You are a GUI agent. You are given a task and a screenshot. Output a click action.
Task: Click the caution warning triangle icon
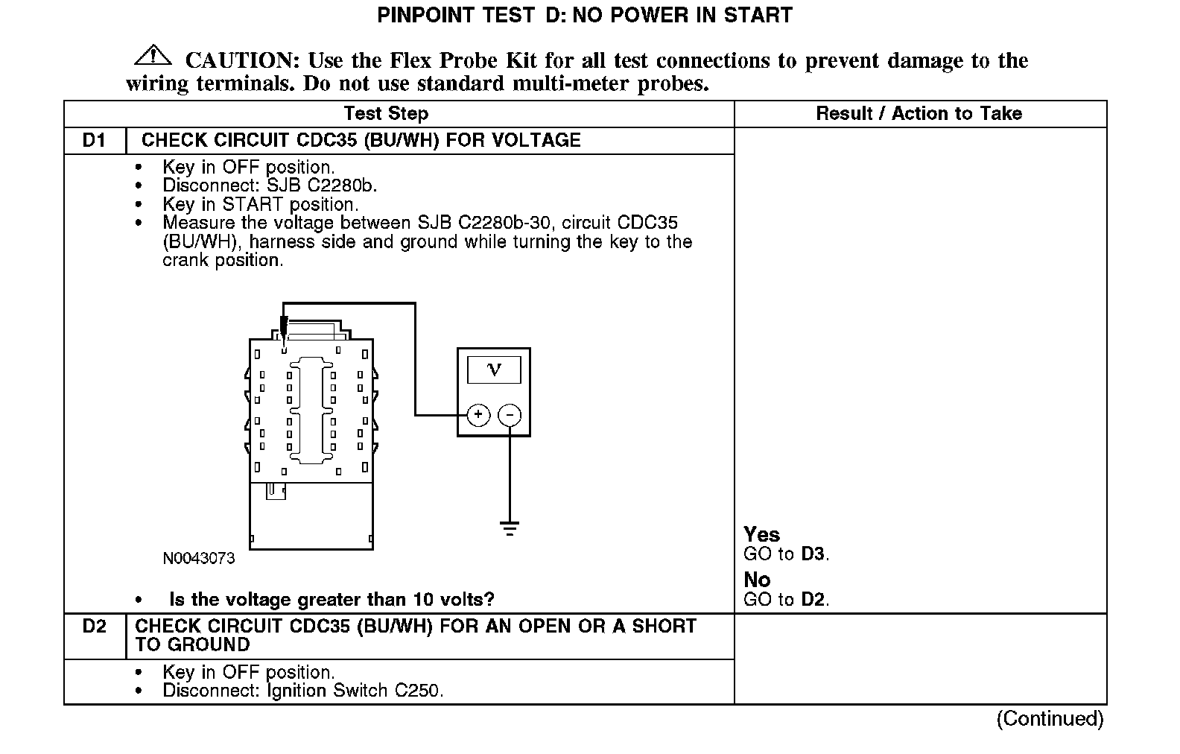click(153, 56)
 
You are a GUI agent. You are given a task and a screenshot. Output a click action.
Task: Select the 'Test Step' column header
click(386, 114)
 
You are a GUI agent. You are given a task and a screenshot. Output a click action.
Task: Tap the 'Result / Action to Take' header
click(919, 114)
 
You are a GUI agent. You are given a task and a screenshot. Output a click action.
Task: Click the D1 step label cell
click(94, 141)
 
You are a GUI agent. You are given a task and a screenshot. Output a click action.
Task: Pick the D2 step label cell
click(95, 627)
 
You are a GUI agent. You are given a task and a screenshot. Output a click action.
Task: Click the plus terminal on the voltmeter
click(478, 415)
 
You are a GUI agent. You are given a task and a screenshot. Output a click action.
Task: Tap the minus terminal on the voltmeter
click(510, 415)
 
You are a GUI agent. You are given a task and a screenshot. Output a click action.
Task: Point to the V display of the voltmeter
click(493, 370)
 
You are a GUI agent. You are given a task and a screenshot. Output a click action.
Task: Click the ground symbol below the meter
click(510, 529)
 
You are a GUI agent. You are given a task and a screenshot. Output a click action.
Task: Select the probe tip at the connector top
click(283, 328)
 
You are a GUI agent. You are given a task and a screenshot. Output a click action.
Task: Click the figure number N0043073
click(199, 559)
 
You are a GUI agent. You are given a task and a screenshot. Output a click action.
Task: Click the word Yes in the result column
click(761, 535)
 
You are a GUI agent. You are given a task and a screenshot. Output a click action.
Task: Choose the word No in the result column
click(757, 580)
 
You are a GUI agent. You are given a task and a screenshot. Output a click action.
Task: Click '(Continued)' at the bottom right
click(1050, 719)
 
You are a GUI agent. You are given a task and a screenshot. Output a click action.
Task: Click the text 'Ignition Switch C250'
click(354, 691)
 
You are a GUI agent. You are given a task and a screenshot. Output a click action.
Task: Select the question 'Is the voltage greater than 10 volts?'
click(332, 600)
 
